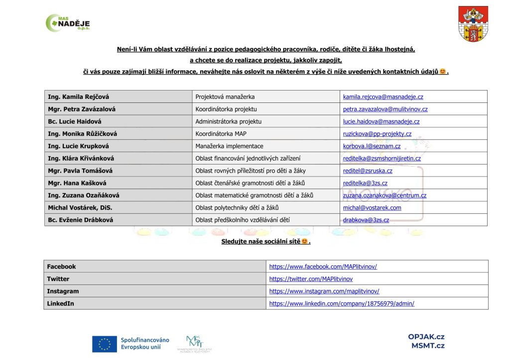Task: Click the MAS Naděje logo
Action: [x=68, y=23]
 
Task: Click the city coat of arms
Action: [x=473, y=24]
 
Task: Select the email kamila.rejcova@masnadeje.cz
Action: [x=383, y=97]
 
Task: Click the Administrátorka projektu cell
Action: [x=228, y=121]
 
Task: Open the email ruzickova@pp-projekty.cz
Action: [x=377, y=134]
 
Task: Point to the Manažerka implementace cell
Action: [x=229, y=146]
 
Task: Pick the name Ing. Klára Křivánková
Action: [x=81, y=159]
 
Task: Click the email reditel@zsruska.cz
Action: [x=368, y=171]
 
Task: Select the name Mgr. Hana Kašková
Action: [x=76, y=183]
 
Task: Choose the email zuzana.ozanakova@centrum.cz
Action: [x=384, y=195]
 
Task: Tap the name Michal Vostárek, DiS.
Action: [x=79, y=208]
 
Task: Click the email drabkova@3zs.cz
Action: [x=366, y=220]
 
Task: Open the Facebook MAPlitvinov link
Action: [x=323, y=267]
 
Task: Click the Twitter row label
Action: [x=58, y=279]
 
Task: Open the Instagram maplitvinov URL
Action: [x=324, y=291]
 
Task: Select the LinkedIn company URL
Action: [x=342, y=303]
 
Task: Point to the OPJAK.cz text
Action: [x=426, y=337]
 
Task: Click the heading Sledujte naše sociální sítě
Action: [x=265, y=242]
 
